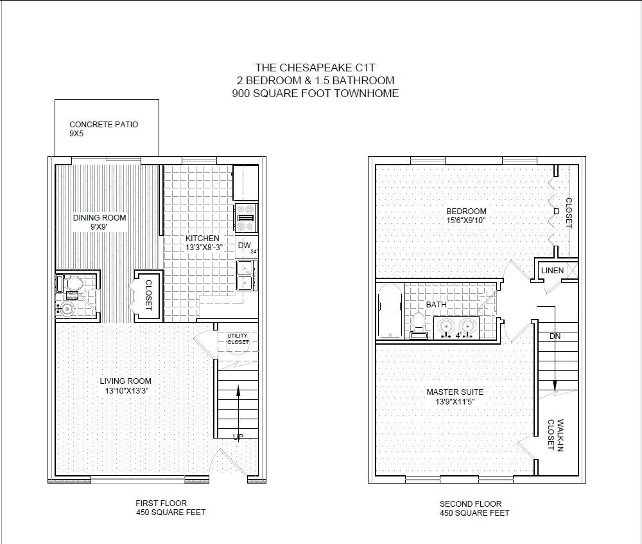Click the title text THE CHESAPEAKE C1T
pos(315,68)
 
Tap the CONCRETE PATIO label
pos(103,124)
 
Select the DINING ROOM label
pos(100,218)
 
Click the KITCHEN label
pos(202,238)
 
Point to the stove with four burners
pos(246,218)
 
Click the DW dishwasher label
pos(244,246)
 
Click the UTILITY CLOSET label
pos(238,339)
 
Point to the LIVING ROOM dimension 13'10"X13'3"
pos(126,391)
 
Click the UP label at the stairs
pos(238,437)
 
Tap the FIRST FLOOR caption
pos(161,503)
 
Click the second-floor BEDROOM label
pos(466,211)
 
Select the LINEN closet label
pos(552,271)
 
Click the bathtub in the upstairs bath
pos(390,311)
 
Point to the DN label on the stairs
pos(555,336)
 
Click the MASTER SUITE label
pos(455,392)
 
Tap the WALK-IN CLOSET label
pos(555,435)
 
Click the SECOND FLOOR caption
pos(471,504)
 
